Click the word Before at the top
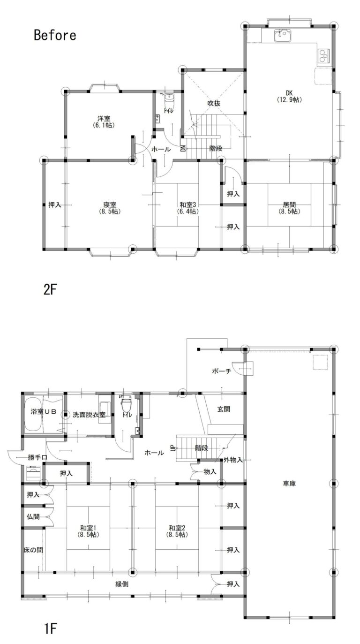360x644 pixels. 55,35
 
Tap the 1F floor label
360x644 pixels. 50,629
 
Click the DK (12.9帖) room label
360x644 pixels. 289,96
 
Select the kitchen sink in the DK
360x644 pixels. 283,36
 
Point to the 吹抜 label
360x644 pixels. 214,103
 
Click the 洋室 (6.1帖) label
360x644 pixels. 104,121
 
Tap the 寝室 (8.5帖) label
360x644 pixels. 110,208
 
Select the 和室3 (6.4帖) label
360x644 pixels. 188,208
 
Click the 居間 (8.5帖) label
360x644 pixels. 289,208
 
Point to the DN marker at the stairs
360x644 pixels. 182,148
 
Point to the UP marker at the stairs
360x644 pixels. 173,447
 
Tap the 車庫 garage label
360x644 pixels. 289,484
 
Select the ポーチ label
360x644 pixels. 222,371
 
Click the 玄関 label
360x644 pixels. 224,409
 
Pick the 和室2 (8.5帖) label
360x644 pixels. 177,531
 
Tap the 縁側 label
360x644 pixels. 122,584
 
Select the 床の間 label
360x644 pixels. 33,550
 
